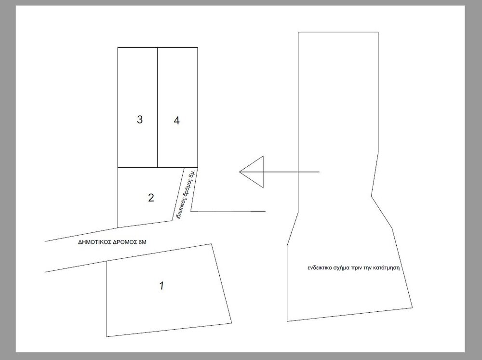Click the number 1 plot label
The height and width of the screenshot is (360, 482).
(x=161, y=286)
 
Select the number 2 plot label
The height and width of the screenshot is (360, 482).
(x=151, y=198)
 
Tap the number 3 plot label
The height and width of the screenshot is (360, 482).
(x=140, y=120)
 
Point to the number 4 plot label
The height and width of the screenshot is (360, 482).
(x=176, y=120)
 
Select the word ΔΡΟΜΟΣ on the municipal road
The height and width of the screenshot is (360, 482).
(x=124, y=242)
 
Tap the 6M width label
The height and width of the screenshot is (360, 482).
(x=142, y=242)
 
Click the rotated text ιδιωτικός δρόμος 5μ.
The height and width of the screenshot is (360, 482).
(x=185, y=195)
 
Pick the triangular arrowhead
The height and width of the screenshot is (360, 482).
(x=252, y=172)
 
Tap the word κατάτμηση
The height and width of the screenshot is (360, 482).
(x=387, y=267)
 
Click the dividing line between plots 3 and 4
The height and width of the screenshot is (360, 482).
(x=158, y=107)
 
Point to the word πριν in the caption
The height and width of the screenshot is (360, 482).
(x=357, y=268)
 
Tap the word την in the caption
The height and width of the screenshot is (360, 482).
(x=368, y=268)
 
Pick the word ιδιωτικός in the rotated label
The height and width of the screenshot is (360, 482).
(x=179, y=210)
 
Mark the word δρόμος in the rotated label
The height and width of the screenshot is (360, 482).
(x=186, y=190)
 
